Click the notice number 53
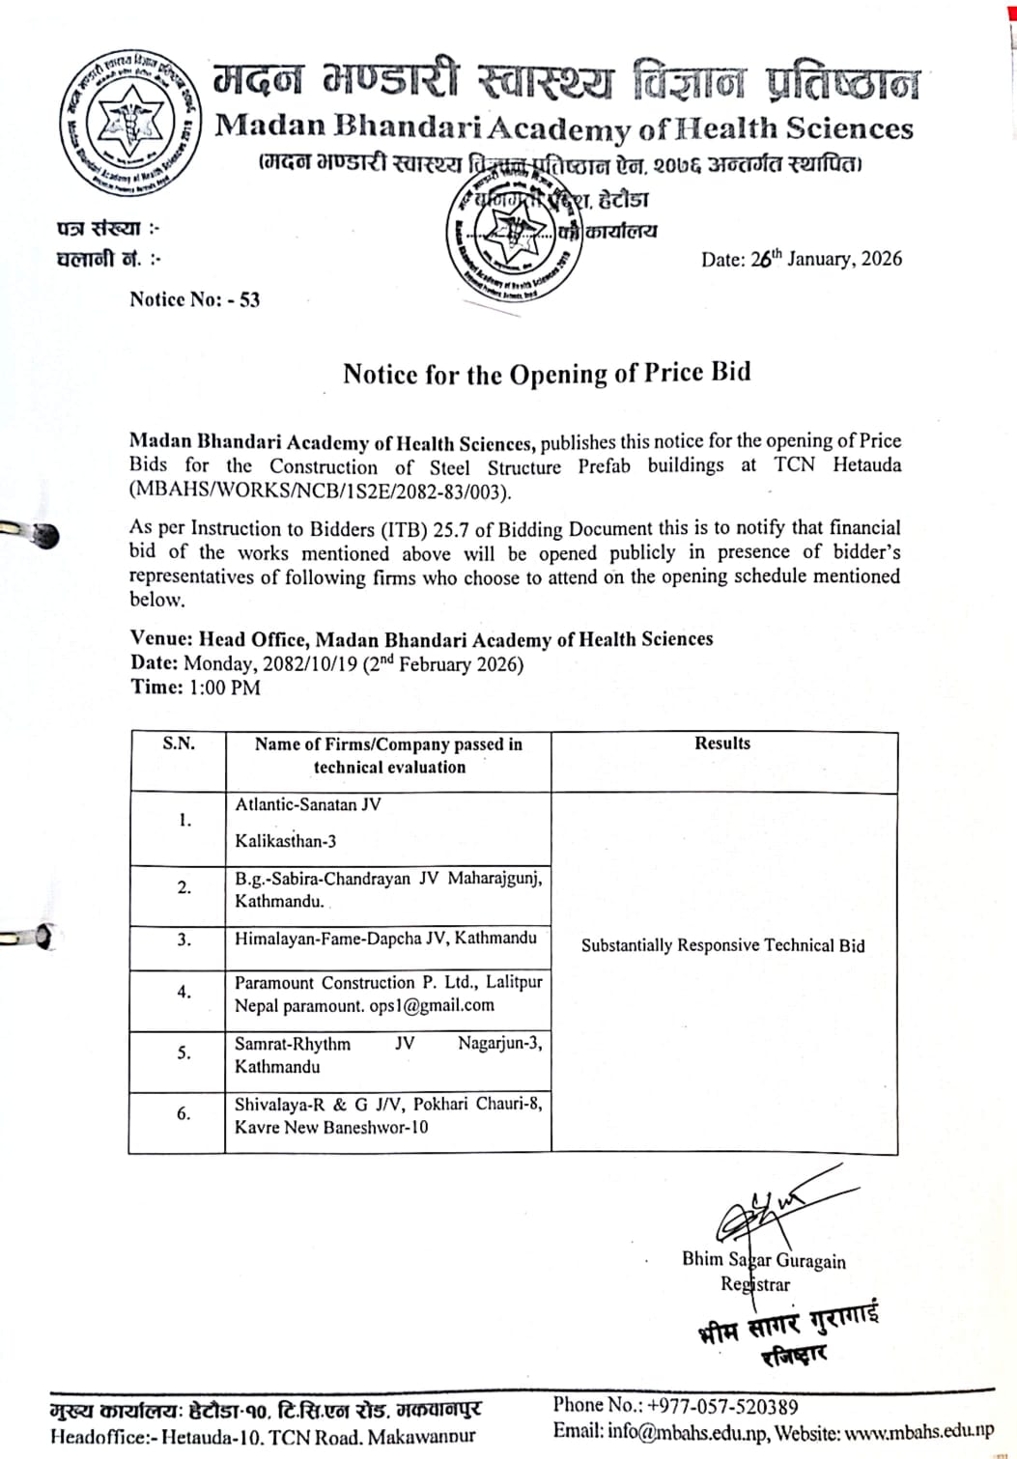tap(249, 299)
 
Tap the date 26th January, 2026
tap(826, 259)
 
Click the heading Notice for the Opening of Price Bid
tap(547, 374)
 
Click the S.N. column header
tap(179, 744)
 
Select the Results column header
tap(722, 744)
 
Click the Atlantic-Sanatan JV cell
tap(308, 804)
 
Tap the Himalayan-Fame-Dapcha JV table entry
tap(385, 938)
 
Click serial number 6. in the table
tap(184, 1113)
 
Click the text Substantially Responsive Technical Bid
tap(722, 945)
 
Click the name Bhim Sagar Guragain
tap(763, 1259)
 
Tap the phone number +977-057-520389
tap(722, 1407)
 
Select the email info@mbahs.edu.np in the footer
tap(687, 1432)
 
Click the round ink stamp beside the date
tap(513, 237)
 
